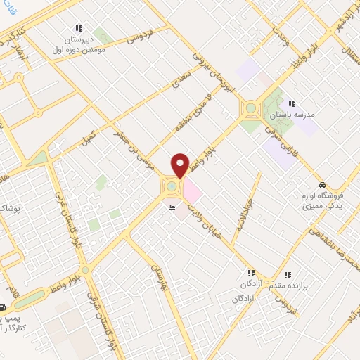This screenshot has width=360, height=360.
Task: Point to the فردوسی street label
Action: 141,35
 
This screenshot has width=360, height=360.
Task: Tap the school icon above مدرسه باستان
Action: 291,103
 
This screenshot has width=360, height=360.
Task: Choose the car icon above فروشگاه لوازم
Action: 322,184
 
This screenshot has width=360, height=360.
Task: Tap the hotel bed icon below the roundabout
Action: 172,208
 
